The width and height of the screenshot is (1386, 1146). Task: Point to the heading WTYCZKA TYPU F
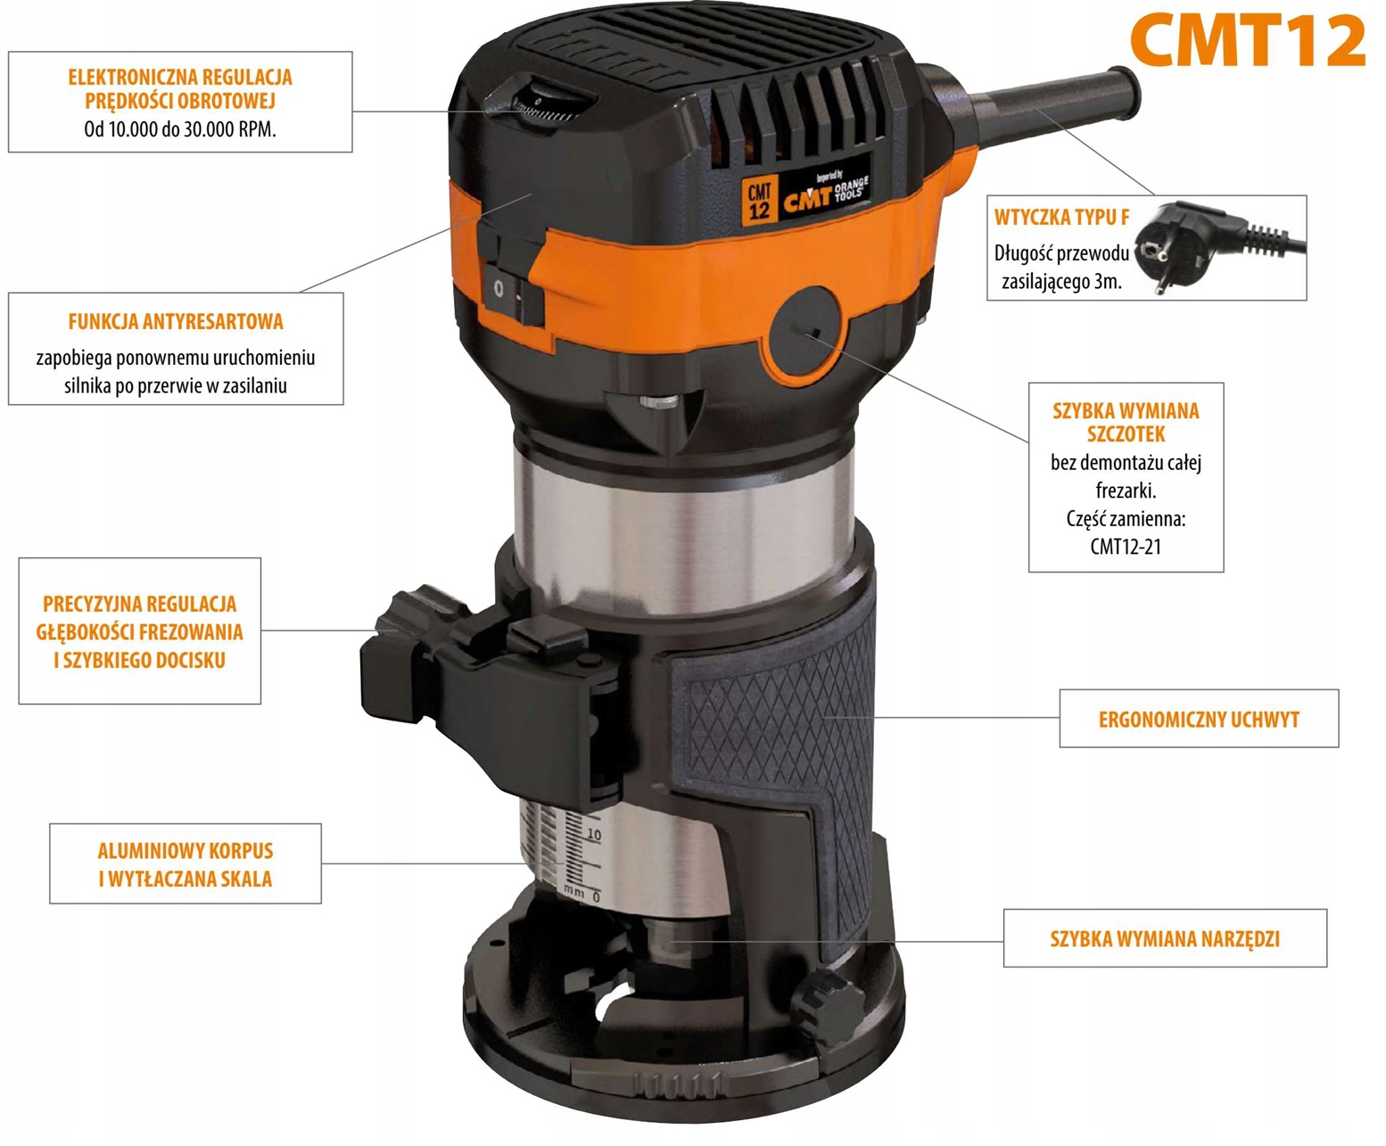(x=1061, y=217)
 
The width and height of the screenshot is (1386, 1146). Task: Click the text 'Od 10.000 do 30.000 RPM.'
(x=180, y=128)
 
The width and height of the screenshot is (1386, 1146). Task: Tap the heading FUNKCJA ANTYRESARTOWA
(x=176, y=321)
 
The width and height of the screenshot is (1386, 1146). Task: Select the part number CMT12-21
(x=1126, y=547)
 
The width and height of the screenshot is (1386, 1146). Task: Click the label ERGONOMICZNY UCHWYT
(x=1199, y=719)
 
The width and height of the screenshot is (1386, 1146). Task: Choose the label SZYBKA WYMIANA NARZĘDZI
(x=1165, y=938)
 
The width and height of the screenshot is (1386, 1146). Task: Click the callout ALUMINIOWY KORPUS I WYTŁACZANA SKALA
(x=186, y=864)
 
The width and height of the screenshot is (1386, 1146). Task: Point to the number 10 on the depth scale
(x=594, y=835)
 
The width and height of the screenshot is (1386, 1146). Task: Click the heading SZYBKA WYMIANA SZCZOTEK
(x=1126, y=422)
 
